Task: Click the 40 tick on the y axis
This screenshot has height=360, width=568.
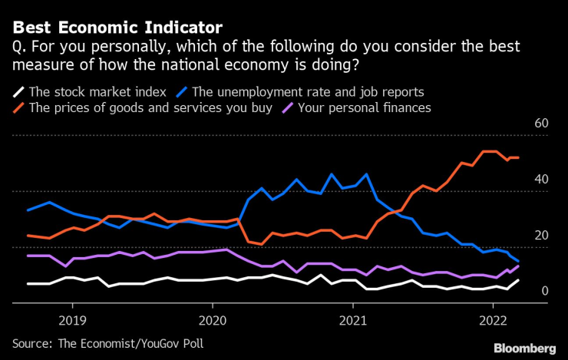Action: click(541, 180)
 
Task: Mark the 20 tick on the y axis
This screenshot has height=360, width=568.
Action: click(541, 236)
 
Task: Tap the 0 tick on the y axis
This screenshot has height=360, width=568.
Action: click(545, 292)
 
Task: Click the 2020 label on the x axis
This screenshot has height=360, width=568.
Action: click(213, 318)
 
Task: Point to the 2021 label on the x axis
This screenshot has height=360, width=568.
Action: click(352, 318)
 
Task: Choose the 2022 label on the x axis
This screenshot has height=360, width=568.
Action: click(492, 318)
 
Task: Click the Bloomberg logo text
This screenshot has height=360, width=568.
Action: click(524, 347)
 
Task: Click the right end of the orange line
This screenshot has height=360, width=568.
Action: click(518, 157)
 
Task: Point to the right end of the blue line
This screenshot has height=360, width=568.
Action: click(518, 262)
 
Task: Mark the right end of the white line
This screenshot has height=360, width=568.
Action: click(518, 280)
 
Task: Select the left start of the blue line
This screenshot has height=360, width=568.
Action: click(28, 210)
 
